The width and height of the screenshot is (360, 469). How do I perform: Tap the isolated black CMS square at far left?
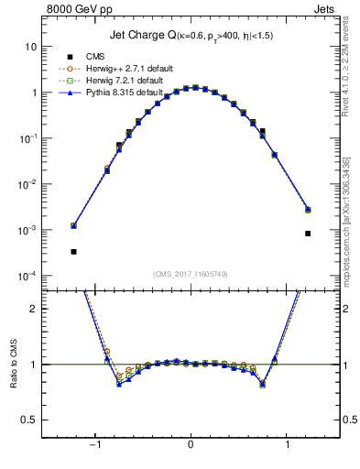coord(73,251)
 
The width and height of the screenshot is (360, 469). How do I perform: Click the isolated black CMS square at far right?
coord(308,233)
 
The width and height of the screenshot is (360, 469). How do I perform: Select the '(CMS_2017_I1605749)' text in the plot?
coord(190,274)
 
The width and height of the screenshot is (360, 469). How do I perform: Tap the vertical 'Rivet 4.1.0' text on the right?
coord(346,82)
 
